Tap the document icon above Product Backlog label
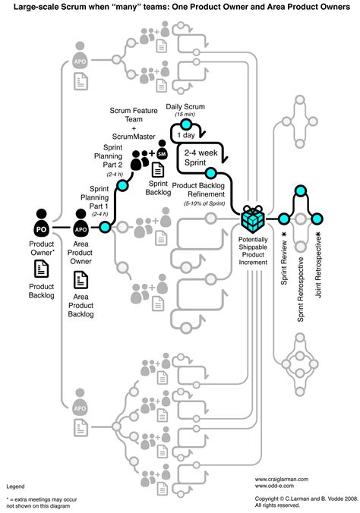(43, 268)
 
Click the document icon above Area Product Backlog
(80, 281)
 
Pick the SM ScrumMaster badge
(162, 146)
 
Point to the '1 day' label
(185, 135)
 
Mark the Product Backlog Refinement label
(204, 189)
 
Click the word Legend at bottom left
(15, 485)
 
